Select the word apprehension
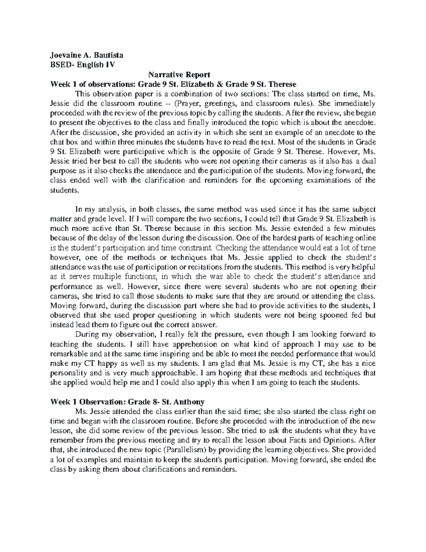pos(187,344)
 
